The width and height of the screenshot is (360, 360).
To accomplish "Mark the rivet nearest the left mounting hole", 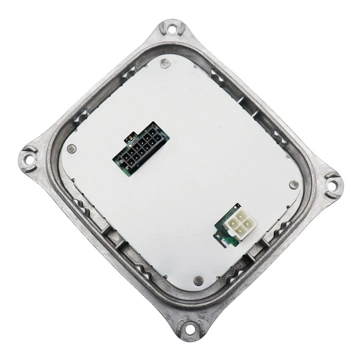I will coord(70,149).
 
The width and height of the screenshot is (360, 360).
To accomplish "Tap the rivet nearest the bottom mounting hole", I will coord(197,279).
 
